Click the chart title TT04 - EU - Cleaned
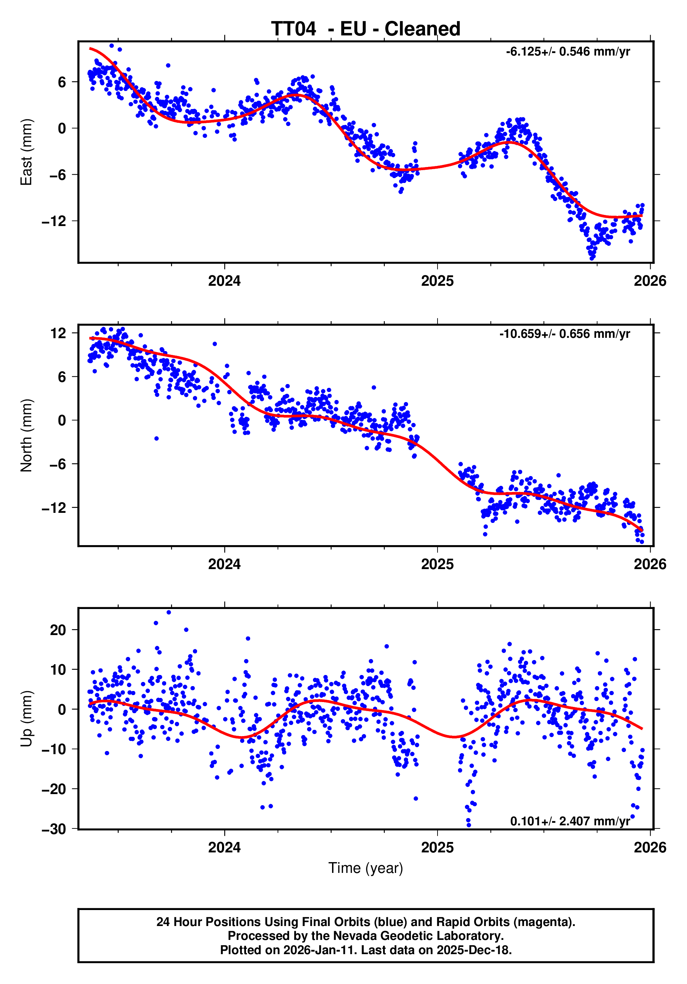[365, 29]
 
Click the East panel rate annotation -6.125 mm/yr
[568, 52]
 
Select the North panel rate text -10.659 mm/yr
[564, 334]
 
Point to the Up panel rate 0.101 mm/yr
[570, 821]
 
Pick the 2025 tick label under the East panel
[437, 281]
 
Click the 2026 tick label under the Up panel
[650, 848]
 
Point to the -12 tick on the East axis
[54, 221]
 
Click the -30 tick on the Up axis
[54, 829]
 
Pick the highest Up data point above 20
[169, 612]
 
